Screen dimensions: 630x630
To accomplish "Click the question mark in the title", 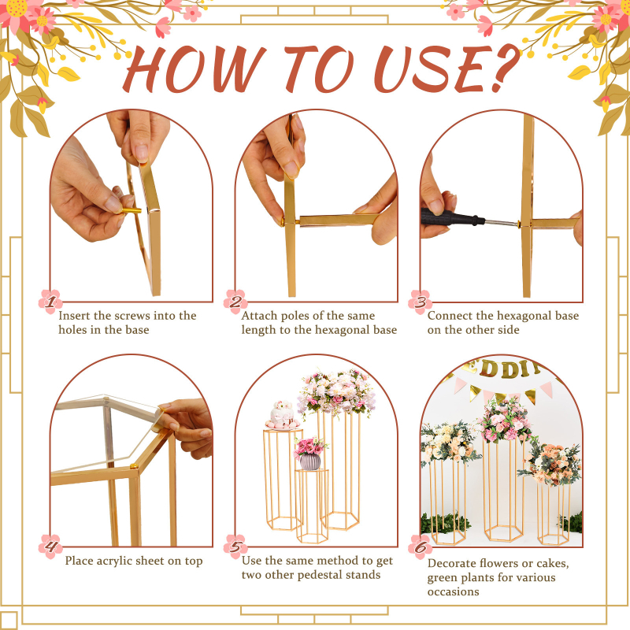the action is [502, 66].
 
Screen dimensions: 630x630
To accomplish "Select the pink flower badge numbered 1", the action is [50, 302].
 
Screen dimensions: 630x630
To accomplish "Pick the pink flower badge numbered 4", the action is [50, 547].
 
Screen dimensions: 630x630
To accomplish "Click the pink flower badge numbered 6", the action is [421, 547].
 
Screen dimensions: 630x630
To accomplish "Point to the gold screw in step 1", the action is [131, 210].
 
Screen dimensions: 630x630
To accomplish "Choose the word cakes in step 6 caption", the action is [553, 563].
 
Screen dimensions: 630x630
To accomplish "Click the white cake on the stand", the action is [283, 414].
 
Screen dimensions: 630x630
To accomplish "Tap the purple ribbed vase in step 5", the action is [310, 461].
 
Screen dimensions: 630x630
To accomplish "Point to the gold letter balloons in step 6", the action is [502, 369].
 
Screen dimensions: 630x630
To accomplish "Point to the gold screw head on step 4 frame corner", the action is [133, 467].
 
